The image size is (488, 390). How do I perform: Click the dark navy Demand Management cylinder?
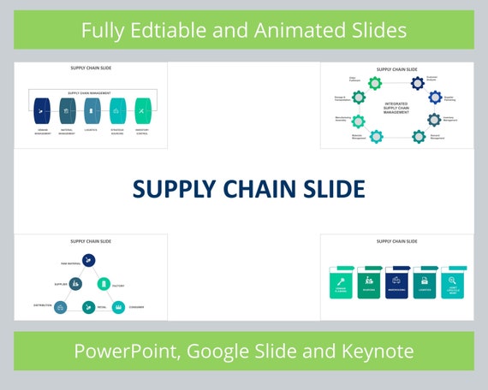(x=42, y=110)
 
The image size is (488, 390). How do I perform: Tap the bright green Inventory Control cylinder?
(x=142, y=110)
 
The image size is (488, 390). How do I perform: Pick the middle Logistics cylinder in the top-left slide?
(x=92, y=110)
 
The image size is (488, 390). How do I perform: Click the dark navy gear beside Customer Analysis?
(x=417, y=83)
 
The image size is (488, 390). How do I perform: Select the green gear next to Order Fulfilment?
(x=374, y=83)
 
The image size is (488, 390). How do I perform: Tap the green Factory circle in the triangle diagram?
(x=104, y=283)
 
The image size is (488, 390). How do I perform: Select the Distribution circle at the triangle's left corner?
(x=60, y=306)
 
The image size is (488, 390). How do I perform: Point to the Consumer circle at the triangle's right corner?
(x=118, y=306)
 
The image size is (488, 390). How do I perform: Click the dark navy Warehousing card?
(x=397, y=281)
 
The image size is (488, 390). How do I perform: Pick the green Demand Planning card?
(x=341, y=282)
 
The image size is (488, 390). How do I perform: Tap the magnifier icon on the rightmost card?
(x=453, y=279)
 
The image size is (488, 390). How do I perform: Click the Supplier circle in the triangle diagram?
(x=75, y=283)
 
